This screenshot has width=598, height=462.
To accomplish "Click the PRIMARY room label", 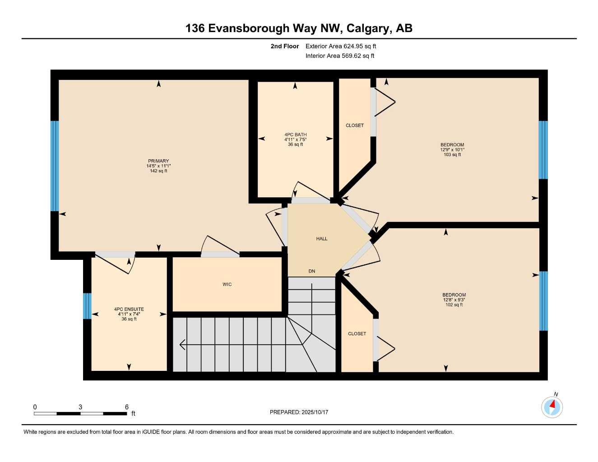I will (158, 161).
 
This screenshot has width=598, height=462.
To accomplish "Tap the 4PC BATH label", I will (295, 134).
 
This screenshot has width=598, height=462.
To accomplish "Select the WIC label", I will (227, 284).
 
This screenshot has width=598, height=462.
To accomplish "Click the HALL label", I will (322, 239).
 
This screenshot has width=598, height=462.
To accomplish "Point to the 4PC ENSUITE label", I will (129, 310).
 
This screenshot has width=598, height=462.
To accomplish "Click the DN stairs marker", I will (312, 271).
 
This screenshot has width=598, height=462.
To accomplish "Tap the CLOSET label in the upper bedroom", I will (354, 125).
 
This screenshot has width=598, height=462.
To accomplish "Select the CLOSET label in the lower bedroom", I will (357, 334).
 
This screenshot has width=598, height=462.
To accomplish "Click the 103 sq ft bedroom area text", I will (452, 155).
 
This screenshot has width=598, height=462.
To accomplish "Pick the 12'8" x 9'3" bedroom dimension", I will (454, 300).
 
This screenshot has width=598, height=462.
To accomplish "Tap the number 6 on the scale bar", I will (127, 407).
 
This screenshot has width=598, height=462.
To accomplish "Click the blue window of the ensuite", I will (87, 306).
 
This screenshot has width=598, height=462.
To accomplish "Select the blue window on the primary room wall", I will (55, 166).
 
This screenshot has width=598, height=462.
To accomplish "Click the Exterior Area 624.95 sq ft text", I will (341, 46).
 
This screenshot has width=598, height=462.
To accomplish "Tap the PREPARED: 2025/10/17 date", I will (299, 412).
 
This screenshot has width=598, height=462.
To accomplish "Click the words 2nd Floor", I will (284, 46).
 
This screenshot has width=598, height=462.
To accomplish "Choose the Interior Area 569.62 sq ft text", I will (340, 56).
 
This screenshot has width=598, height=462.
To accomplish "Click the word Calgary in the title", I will (369, 28).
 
